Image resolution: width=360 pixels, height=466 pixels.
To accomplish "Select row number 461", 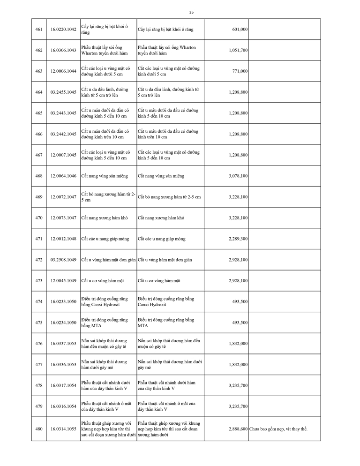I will [39, 30].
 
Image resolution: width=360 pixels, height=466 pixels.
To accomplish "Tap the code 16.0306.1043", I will [63, 50].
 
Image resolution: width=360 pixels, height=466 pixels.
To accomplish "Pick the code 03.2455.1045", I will [63, 92].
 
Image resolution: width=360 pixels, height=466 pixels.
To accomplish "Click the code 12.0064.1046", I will [63, 176].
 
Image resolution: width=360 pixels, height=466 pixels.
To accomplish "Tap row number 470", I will [39, 218].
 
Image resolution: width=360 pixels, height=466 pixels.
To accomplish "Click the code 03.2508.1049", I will [63, 260].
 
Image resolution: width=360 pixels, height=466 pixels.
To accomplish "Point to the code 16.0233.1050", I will [63, 301].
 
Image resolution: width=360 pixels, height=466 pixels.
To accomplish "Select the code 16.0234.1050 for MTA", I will [63, 323].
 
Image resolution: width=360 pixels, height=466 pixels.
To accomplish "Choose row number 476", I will [39, 344].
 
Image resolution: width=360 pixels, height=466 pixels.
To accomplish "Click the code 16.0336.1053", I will [63, 364].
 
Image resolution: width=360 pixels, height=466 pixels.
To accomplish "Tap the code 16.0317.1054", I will [63, 385].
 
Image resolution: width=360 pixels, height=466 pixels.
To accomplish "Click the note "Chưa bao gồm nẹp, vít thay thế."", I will [278, 429].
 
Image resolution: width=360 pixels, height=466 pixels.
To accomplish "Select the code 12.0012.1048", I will [63, 239].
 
